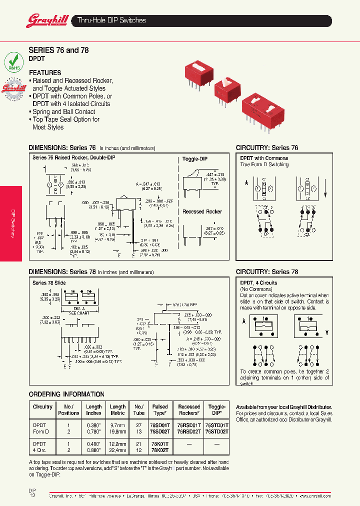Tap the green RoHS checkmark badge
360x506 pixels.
pos(13,62)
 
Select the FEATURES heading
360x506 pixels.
pos(45,72)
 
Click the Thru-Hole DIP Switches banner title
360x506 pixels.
pos(111,20)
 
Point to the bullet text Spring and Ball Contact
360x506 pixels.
pos(63,111)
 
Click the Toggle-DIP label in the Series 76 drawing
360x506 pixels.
pos(194,158)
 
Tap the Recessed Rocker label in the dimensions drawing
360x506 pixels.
pos(202,211)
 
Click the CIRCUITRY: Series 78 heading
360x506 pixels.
pos(267,272)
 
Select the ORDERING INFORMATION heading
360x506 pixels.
pos(66,394)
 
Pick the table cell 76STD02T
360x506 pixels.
pos(216,430)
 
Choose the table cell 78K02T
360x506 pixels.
pos(160,450)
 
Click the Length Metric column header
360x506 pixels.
pos(117,410)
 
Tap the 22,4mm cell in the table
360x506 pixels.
pos(117,450)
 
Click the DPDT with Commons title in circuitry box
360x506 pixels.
pos(264,158)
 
